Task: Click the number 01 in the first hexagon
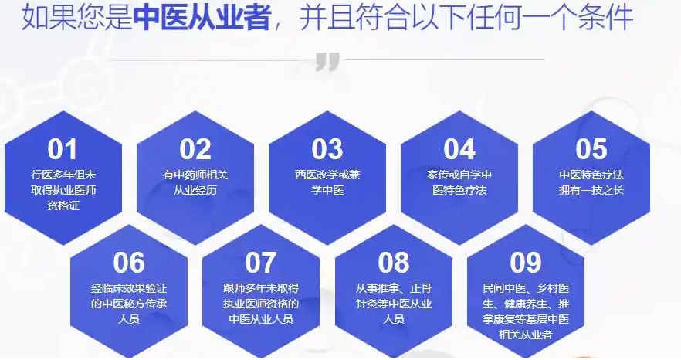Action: [x=63, y=148]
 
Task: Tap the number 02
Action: [x=195, y=148]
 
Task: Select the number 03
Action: [x=327, y=148]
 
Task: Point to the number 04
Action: [x=459, y=148]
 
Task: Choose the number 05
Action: [x=591, y=148]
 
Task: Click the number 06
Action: [x=129, y=263]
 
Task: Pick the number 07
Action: [x=261, y=263]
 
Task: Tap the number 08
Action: [x=393, y=263]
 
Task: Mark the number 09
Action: [x=525, y=263]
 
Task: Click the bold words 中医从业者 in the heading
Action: [x=202, y=18]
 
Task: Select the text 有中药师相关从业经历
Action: [x=195, y=182]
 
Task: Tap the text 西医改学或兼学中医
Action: [x=327, y=182]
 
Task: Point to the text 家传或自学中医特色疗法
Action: [x=459, y=182]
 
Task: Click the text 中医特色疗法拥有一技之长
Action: [x=591, y=182]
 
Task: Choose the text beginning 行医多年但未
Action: [x=63, y=190]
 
